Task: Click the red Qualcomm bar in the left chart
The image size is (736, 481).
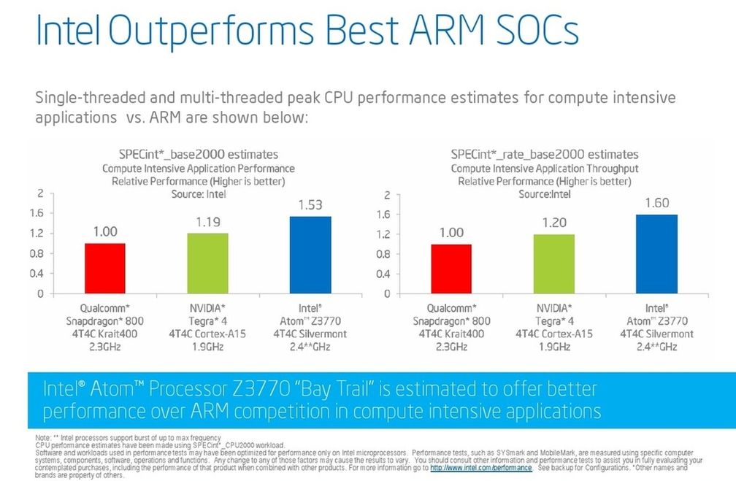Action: [105, 268]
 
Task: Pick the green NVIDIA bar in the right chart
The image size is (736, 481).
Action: [554, 263]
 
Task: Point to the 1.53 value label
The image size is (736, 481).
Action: [310, 205]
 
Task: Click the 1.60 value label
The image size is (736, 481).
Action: [656, 203]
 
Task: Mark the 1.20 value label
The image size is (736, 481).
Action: [554, 223]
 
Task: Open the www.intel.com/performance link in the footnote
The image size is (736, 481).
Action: [480, 468]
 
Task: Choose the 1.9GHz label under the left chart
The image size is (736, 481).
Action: [207, 347]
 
